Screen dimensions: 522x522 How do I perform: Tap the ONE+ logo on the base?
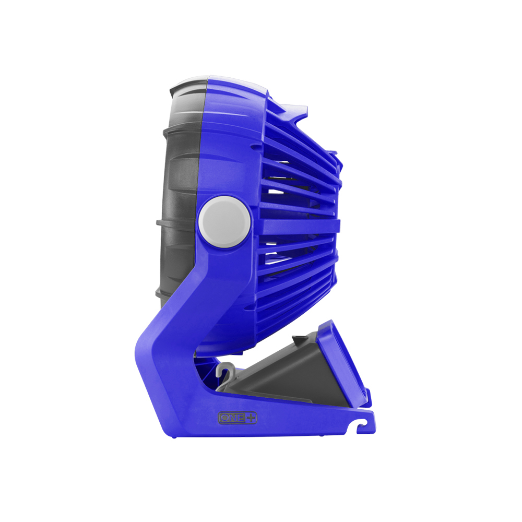(x=238, y=418)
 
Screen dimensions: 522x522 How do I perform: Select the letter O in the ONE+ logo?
(x=224, y=418)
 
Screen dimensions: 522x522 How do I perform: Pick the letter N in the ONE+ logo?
(x=233, y=418)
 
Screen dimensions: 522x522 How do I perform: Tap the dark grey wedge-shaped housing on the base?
(x=282, y=376)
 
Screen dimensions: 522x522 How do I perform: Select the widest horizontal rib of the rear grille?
(x=298, y=226)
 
